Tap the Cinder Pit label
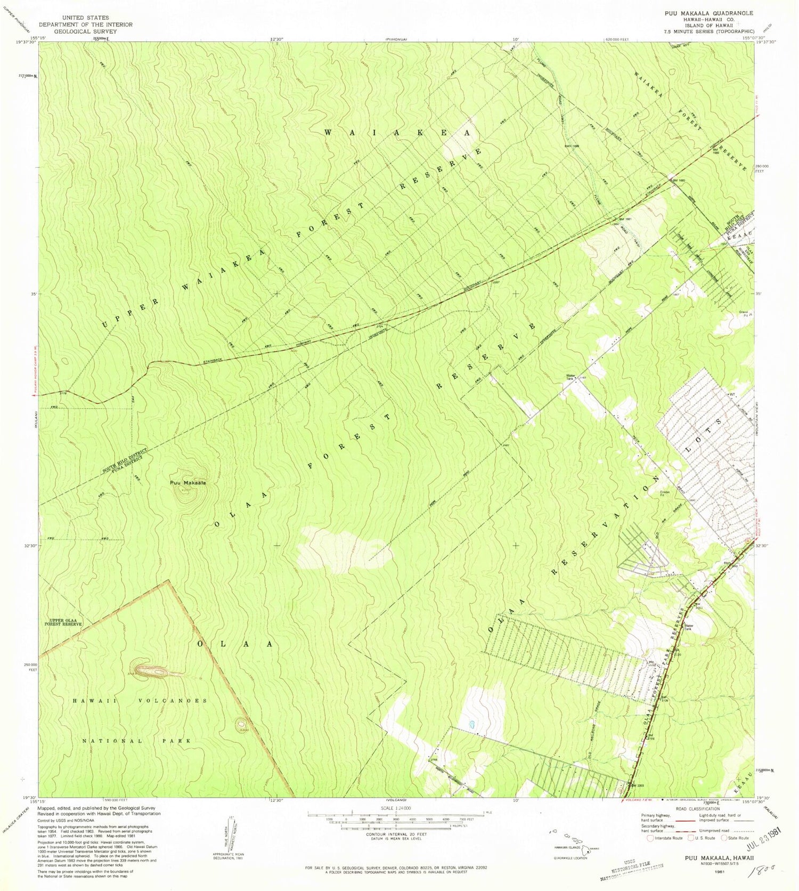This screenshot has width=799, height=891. tap(665, 493)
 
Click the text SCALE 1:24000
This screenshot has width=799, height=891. tap(395, 808)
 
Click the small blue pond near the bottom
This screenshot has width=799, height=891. tap(471, 725)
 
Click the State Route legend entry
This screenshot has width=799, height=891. tap(735, 838)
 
